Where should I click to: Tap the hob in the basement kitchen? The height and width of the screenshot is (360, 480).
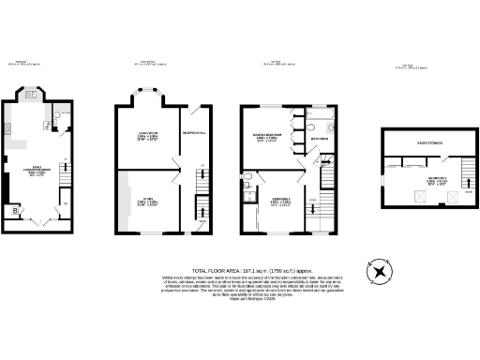(12, 127)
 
